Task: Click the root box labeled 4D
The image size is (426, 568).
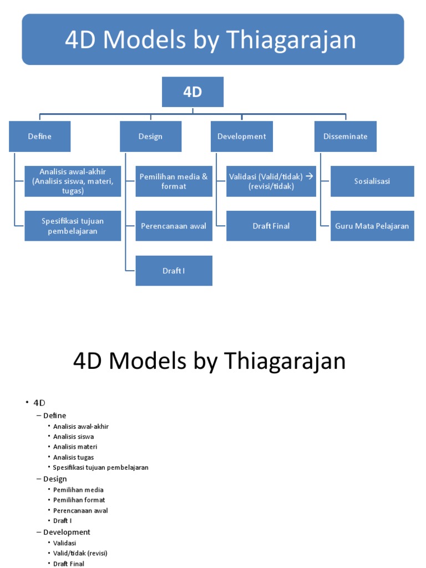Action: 192,92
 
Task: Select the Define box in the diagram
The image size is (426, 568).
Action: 39,136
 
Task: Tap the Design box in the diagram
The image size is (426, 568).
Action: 150,136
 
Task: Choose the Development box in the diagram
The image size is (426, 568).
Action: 241,136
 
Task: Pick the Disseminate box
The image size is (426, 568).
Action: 345,136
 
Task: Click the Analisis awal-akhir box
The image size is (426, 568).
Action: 73,181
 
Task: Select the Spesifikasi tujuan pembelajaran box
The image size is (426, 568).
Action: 73,226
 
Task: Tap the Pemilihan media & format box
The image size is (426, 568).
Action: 174,181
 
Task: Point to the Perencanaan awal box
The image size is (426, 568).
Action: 174,226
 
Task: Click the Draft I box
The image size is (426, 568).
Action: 174,271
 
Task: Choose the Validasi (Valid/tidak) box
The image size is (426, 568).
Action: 271,181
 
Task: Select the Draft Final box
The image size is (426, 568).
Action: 271,226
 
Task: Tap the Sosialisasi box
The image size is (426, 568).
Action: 372,181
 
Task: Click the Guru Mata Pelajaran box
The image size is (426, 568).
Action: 372,226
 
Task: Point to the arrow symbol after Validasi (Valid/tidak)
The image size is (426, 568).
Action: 310,176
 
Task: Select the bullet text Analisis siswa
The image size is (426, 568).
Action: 73,437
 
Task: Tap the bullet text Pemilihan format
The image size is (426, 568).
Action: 79,500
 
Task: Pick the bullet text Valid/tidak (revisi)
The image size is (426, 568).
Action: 80,553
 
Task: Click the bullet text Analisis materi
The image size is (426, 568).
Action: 75,447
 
